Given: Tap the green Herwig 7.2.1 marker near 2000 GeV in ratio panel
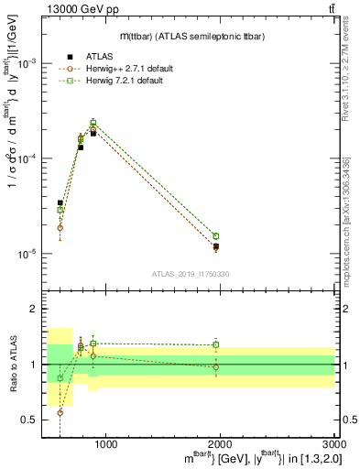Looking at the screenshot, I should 216,345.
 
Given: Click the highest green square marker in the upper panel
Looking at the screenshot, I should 93,123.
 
